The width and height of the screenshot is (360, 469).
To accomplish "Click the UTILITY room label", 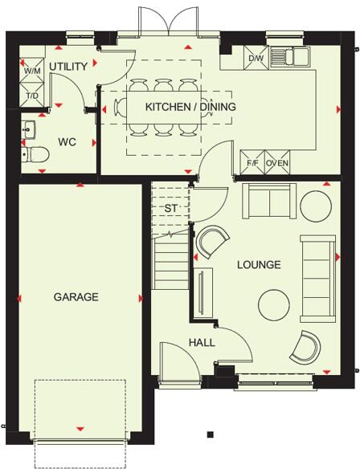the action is click(68, 67).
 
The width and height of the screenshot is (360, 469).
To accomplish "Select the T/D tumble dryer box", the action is click(32, 94).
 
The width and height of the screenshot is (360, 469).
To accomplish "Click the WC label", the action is click(67, 142).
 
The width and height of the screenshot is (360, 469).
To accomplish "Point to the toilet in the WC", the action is click(35, 154).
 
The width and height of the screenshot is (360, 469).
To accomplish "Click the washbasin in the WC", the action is click(28, 129).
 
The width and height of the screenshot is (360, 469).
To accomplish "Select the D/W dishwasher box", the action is click(256, 58).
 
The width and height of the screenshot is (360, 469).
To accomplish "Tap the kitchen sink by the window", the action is click(290, 56).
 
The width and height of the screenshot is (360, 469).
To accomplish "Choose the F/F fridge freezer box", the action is click(252, 162).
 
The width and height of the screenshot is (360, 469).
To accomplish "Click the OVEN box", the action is click(277, 162).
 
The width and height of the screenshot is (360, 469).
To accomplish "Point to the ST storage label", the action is click(171, 208).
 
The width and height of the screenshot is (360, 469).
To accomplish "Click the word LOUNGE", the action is click(260, 265).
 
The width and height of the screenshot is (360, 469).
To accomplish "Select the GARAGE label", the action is click(76, 297).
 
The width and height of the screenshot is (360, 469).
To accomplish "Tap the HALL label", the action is click(202, 342).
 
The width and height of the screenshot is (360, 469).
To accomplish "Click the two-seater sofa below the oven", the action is click(269, 202).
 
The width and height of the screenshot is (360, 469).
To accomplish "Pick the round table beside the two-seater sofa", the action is click(316, 206).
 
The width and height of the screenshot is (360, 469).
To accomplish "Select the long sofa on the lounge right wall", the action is click(317, 279).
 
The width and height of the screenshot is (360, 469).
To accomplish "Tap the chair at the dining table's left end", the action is click(119, 108).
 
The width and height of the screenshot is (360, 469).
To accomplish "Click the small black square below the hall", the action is click(211, 434).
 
